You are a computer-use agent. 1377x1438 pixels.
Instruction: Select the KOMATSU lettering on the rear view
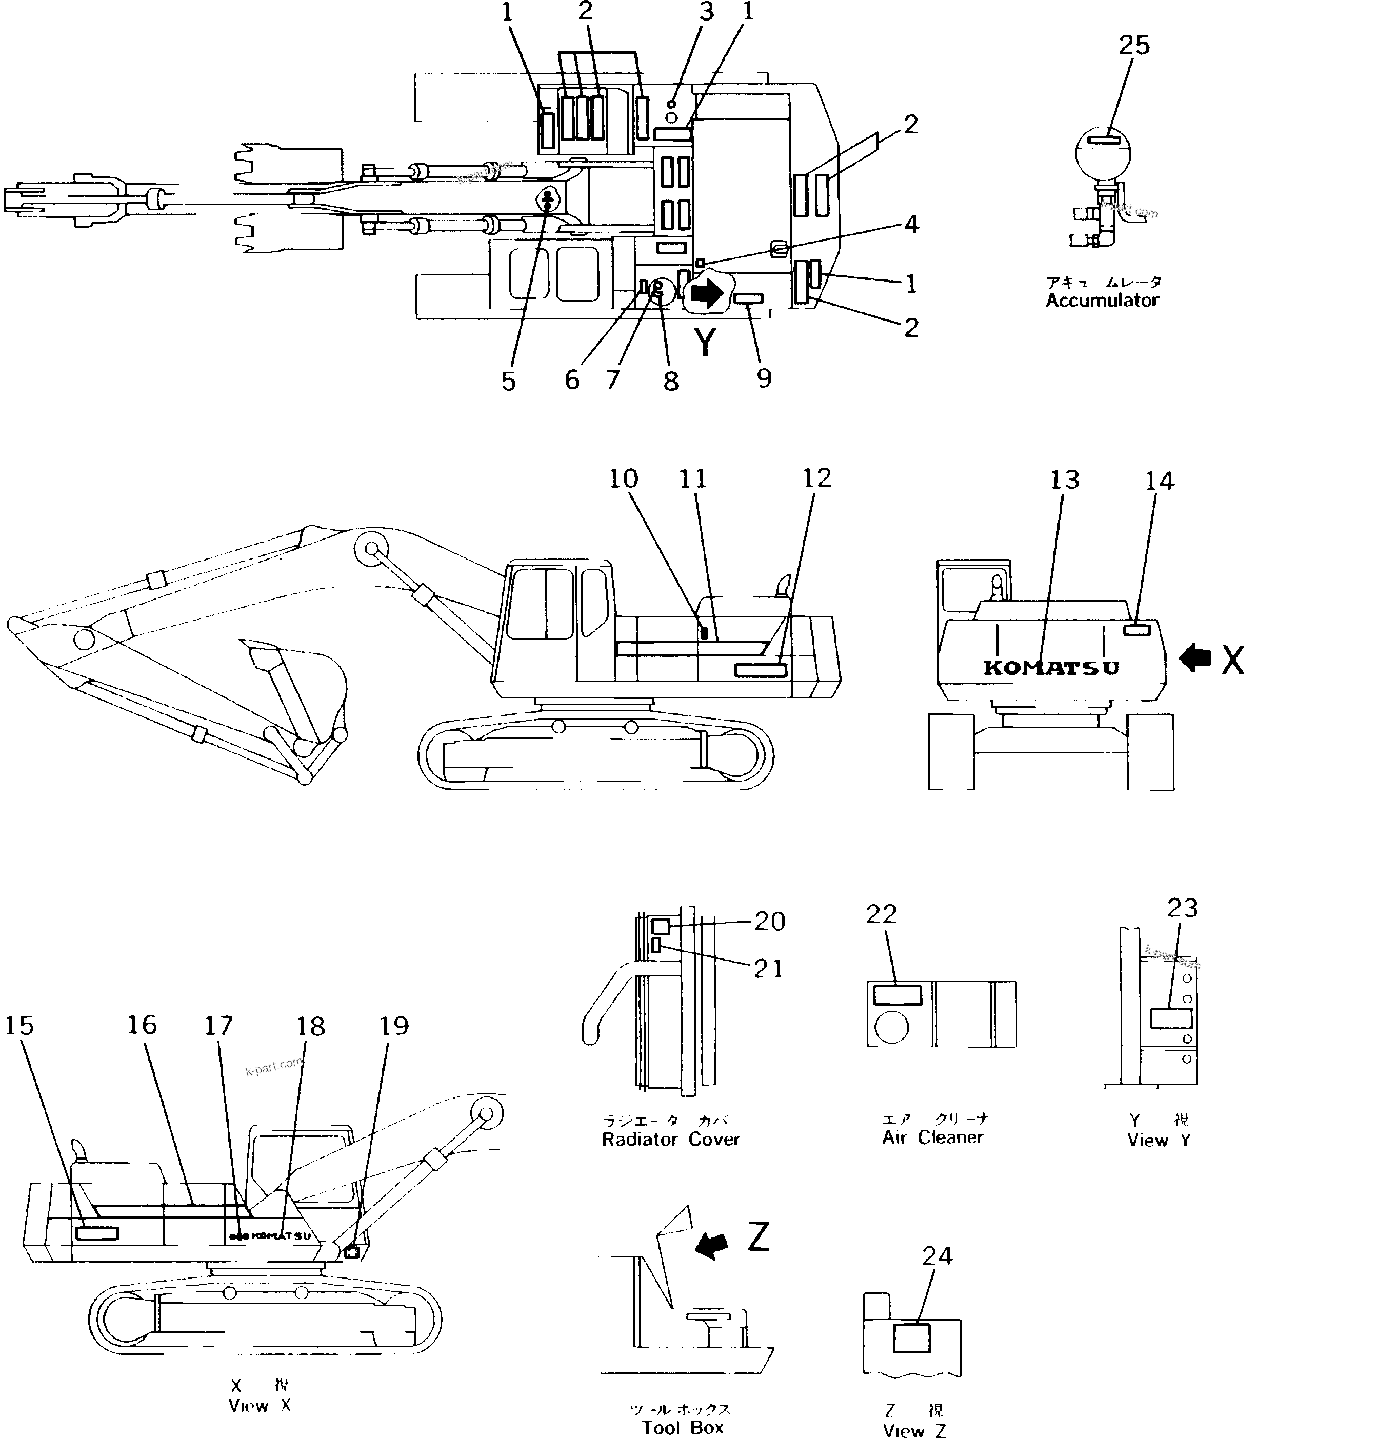coord(1050,668)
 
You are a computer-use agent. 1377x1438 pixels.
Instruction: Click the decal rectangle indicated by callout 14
coord(1137,629)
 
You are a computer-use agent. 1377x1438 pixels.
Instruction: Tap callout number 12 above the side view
coord(816,478)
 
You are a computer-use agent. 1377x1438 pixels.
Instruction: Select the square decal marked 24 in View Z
coord(910,1338)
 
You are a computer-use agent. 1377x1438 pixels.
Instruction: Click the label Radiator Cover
coord(670,1140)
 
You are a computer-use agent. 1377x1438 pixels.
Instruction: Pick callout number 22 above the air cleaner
coord(881,914)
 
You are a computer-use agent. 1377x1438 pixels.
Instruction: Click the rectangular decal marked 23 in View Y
coord(1171,1018)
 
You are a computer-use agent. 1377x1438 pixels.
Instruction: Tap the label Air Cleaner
coord(932,1137)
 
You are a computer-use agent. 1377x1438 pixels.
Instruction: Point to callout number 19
coord(394,1026)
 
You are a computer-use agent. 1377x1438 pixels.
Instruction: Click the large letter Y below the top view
coord(704,342)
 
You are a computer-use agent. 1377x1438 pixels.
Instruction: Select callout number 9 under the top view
coord(764,378)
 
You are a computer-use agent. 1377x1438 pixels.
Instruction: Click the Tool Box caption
coord(682,1427)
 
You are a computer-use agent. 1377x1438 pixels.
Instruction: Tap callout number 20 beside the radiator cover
coord(770,922)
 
